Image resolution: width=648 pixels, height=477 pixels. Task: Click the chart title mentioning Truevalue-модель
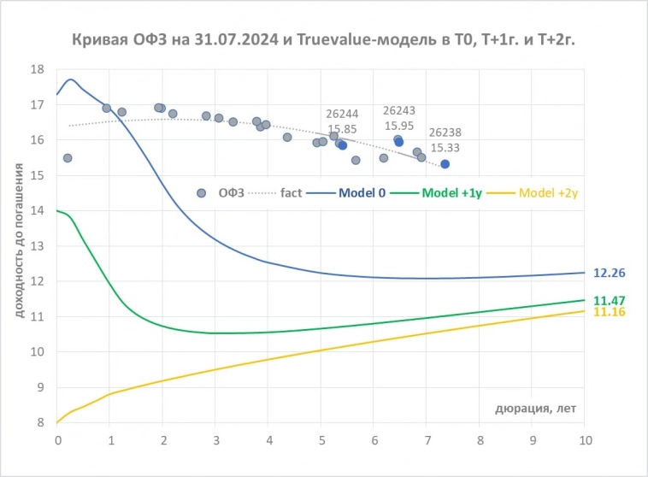(x=323, y=39)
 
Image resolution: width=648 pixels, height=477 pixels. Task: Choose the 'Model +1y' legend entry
(x=454, y=192)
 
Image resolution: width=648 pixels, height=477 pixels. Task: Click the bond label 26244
(x=343, y=113)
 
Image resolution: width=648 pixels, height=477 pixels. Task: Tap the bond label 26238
(x=445, y=132)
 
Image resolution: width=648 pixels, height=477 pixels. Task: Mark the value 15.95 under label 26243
(x=398, y=125)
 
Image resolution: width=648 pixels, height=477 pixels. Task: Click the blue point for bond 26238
(x=445, y=163)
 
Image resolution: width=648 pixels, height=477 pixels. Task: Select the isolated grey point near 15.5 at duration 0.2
(x=68, y=158)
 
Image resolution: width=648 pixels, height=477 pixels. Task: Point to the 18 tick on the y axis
(x=37, y=69)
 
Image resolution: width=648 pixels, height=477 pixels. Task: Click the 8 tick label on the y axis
(x=39, y=422)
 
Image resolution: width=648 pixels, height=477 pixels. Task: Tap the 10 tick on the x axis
(x=586, y=440)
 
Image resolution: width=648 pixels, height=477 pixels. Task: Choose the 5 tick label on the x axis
(x=321, y=440)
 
